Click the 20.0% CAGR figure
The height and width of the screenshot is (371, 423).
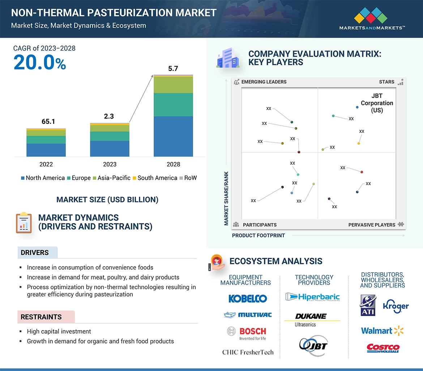tap(40, 63)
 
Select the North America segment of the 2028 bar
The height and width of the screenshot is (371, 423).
tap(173, 136)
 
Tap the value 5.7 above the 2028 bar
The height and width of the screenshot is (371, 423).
tap(173, 68)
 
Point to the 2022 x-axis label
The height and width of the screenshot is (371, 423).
tap(46, 164)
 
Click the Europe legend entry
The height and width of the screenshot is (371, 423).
tap(78, 178)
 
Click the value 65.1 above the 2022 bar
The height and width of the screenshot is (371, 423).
tap(48, 121)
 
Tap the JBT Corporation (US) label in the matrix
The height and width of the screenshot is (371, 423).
tap(377, 103)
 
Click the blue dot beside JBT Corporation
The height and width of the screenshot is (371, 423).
tap(357, 107)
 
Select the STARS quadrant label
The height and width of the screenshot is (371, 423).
tap(386, 82)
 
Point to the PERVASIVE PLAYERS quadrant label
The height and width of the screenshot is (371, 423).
tap(372, 225)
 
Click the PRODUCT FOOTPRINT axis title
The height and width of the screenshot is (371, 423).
tap(258, 235)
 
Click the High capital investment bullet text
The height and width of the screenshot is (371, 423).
tap(59, 331)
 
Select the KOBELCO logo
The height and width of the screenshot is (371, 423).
tap(248, 299)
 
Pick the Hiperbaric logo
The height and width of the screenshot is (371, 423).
tap(312, 297)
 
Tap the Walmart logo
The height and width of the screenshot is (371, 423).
tap(382, 331)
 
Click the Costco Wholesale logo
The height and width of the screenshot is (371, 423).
tap(383, 348)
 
